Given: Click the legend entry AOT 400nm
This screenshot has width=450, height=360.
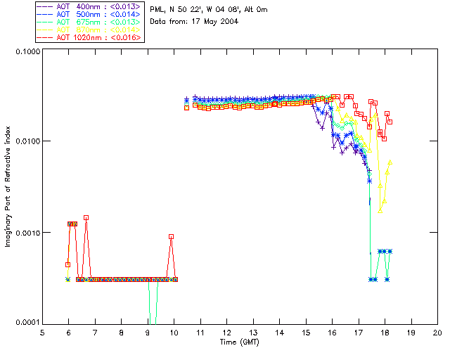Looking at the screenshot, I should click(x=89, y=6).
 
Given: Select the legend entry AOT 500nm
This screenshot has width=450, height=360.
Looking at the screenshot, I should click(x=89, y=14).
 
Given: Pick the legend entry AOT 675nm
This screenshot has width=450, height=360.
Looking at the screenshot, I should click(x=89, y=22).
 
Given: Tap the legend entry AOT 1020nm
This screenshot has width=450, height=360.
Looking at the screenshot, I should click(x=89, y=37).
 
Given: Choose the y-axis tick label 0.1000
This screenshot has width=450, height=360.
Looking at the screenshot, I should click(x=25, y=52).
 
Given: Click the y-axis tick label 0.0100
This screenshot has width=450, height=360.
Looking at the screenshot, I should click(x=25, y=142).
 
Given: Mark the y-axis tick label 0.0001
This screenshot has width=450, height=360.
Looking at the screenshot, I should click(x=25, y=322).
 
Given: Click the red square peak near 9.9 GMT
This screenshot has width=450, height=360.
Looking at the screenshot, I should click(x=171, y=237).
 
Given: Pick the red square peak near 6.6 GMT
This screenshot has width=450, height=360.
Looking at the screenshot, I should click(x=86, y=218).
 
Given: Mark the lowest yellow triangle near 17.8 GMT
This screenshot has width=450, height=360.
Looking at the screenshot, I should click(x=380, y=210).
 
